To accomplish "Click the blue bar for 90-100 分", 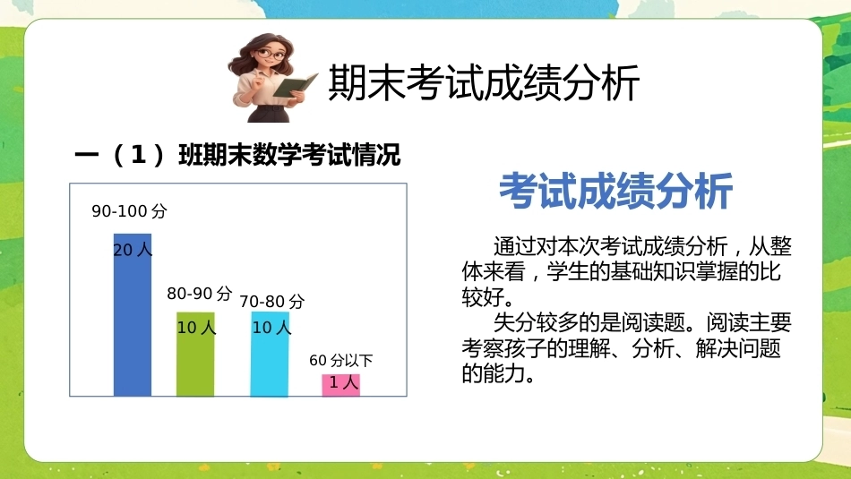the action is click(133, 314).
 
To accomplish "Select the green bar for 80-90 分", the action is click(195, 354).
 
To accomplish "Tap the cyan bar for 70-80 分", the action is click(270, 354).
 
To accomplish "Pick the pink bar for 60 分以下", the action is click(340, 385).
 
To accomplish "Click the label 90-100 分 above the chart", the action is click(129, 211).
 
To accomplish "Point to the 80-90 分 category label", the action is click(199, 294).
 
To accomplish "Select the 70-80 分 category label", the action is click(272, 301).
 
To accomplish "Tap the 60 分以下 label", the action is click(340, 360).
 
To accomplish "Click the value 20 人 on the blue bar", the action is click(133, 250).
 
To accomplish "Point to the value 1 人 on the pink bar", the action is click(344, 382).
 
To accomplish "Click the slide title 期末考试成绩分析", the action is click(484, 82).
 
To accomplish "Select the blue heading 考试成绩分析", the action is click(616, 191).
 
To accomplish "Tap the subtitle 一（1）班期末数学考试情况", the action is click(237, 155).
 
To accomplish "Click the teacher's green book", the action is click(295, 85).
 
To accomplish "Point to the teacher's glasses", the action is click(270, 55).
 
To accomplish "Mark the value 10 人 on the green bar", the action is click(196, 327).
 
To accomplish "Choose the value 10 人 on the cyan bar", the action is click(271, 327).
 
